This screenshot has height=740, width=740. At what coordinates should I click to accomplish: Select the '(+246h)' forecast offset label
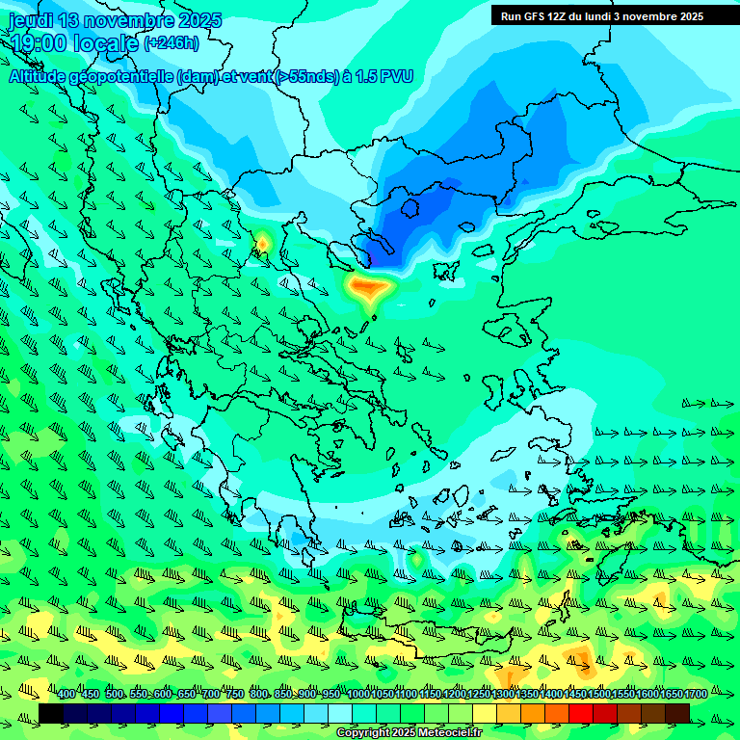tap(172, 42)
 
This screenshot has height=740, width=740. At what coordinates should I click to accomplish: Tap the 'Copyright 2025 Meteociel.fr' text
tap(408, 732)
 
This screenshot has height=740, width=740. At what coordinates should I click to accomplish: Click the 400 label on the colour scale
tap(66, 694)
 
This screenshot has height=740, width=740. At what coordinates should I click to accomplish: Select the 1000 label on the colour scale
tap(357, 694)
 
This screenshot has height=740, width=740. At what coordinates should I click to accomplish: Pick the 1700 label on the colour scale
tap(695, 694)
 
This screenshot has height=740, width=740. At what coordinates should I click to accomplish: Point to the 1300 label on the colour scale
tap(502, 694)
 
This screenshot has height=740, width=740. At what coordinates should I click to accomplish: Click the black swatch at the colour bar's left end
tap(51, 712)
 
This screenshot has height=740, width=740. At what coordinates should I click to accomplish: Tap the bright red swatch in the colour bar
tap(581, 712)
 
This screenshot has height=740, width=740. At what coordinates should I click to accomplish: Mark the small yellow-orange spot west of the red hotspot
tap(261, 242)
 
